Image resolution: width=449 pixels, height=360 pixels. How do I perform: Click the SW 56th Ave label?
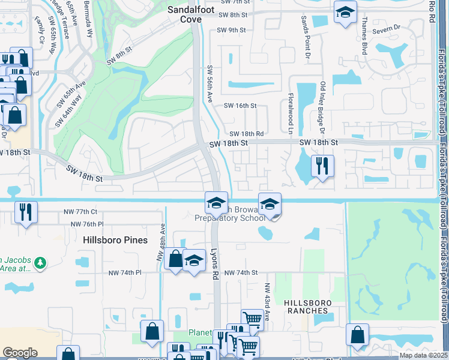point(210,83)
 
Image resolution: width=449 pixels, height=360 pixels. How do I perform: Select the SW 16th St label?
point(240,106)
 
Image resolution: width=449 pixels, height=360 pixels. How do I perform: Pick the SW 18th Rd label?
point(246,134)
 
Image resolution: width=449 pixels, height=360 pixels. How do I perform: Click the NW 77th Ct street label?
point(80,212)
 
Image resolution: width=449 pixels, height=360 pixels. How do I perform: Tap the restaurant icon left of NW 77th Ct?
point(26,211)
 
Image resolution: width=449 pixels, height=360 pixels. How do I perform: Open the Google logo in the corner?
point(20,352)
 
